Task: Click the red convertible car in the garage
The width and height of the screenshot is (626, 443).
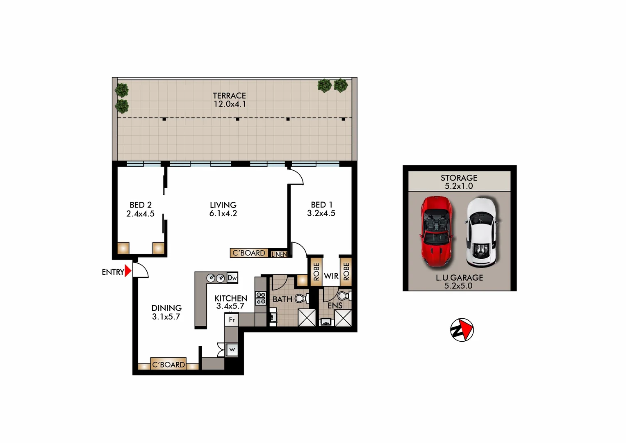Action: click(436, 231)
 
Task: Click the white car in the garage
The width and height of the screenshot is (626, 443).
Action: click(481, 232)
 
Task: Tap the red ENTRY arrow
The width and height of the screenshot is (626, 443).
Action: click(128, 271)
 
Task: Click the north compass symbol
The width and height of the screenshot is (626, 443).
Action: click(462, 330)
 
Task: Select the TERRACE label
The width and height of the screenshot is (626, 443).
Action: click(229, 96)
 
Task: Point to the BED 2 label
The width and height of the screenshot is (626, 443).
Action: click(141, 205)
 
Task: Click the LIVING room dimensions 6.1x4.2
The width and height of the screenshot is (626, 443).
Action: click(223, 214)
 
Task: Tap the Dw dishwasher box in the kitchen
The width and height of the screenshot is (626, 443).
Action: click(232, 278)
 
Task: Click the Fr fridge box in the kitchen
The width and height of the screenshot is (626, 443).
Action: click(232, 320)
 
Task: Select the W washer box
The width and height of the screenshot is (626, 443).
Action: click(232, 349)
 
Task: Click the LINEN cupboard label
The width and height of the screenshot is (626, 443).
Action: click(279, 254)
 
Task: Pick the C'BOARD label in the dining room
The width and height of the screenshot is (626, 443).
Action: click(168, 364)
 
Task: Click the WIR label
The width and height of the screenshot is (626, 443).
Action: click(331, 276)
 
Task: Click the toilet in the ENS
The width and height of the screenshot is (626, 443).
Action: click(344, 295)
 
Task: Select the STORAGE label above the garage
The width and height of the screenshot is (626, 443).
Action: click(459, 178)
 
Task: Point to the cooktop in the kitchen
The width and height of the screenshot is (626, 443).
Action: click(261, 298)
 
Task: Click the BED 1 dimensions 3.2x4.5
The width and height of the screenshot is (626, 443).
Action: click(321, 213)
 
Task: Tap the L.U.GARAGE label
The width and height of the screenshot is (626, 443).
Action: click(459, 278)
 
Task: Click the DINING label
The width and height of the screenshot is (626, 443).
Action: click(166, 308)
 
